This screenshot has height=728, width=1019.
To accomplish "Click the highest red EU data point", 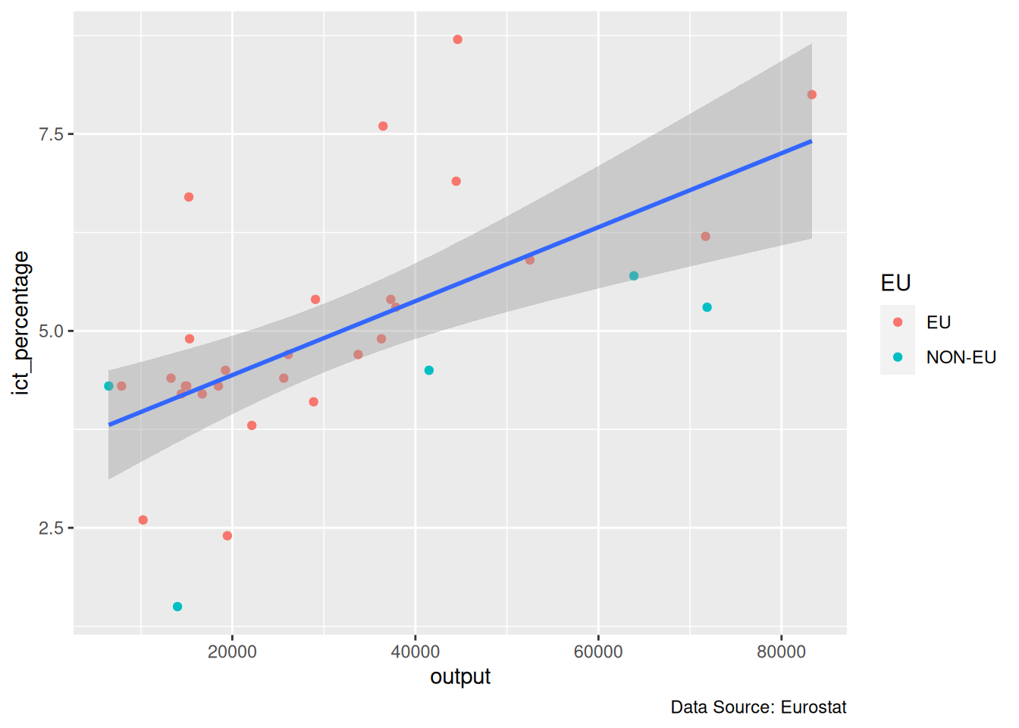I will (457, 39).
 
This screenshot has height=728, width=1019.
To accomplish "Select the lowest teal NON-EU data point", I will (177, 607).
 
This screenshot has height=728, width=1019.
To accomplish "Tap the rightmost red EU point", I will (812, 95).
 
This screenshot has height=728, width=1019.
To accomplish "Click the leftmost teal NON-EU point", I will (108, 386).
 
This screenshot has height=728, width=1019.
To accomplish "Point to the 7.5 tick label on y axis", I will (51, 134).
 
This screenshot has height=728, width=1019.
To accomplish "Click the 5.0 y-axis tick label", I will (51, 331).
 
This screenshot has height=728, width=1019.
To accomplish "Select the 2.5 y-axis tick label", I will (51, 528).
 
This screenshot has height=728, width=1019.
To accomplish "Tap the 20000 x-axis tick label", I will (232, 652).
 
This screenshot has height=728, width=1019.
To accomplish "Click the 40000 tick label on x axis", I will (415, 652).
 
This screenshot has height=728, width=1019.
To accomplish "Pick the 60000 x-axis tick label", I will (598, 652).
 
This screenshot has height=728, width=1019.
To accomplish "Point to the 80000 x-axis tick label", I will (782, 652).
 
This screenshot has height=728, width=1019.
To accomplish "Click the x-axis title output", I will (460, 676).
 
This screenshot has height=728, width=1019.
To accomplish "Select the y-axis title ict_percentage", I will (21, 323).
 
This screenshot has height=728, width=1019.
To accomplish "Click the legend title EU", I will (895, 284).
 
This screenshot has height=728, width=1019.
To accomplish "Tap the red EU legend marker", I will (898, 322).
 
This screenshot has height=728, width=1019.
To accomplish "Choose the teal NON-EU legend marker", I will (898, 357).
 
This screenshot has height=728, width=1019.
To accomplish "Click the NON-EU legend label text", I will (961, 357).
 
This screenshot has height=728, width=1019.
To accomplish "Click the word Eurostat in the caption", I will (814, 708).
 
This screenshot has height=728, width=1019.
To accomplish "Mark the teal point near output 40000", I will (429, 370).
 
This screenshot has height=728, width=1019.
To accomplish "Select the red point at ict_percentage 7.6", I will (383, 126).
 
